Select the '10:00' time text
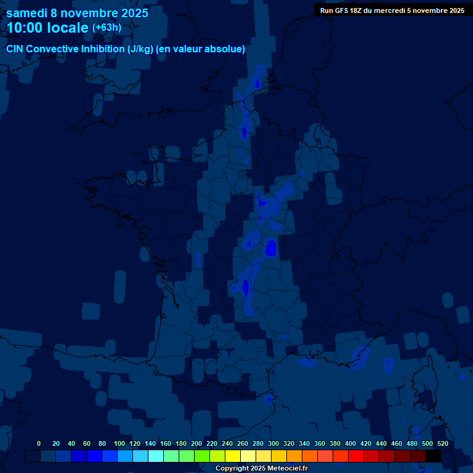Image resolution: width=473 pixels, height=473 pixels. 25,28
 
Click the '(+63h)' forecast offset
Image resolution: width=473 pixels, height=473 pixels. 106,28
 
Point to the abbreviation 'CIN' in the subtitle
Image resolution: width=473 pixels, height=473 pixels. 15,49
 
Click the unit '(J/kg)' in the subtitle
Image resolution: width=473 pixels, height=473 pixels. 141,49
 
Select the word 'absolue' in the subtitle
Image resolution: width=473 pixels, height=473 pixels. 226,49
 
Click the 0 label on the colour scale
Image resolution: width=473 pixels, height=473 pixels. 39,443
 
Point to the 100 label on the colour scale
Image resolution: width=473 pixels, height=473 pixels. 119,443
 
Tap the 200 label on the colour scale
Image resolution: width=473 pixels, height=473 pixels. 196,443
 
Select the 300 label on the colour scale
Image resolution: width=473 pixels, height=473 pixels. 273,443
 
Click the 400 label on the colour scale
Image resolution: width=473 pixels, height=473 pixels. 350,443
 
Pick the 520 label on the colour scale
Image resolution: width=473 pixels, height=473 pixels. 442,443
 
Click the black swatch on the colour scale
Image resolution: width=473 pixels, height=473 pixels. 433,456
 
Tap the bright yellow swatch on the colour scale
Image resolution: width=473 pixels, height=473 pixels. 233,456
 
